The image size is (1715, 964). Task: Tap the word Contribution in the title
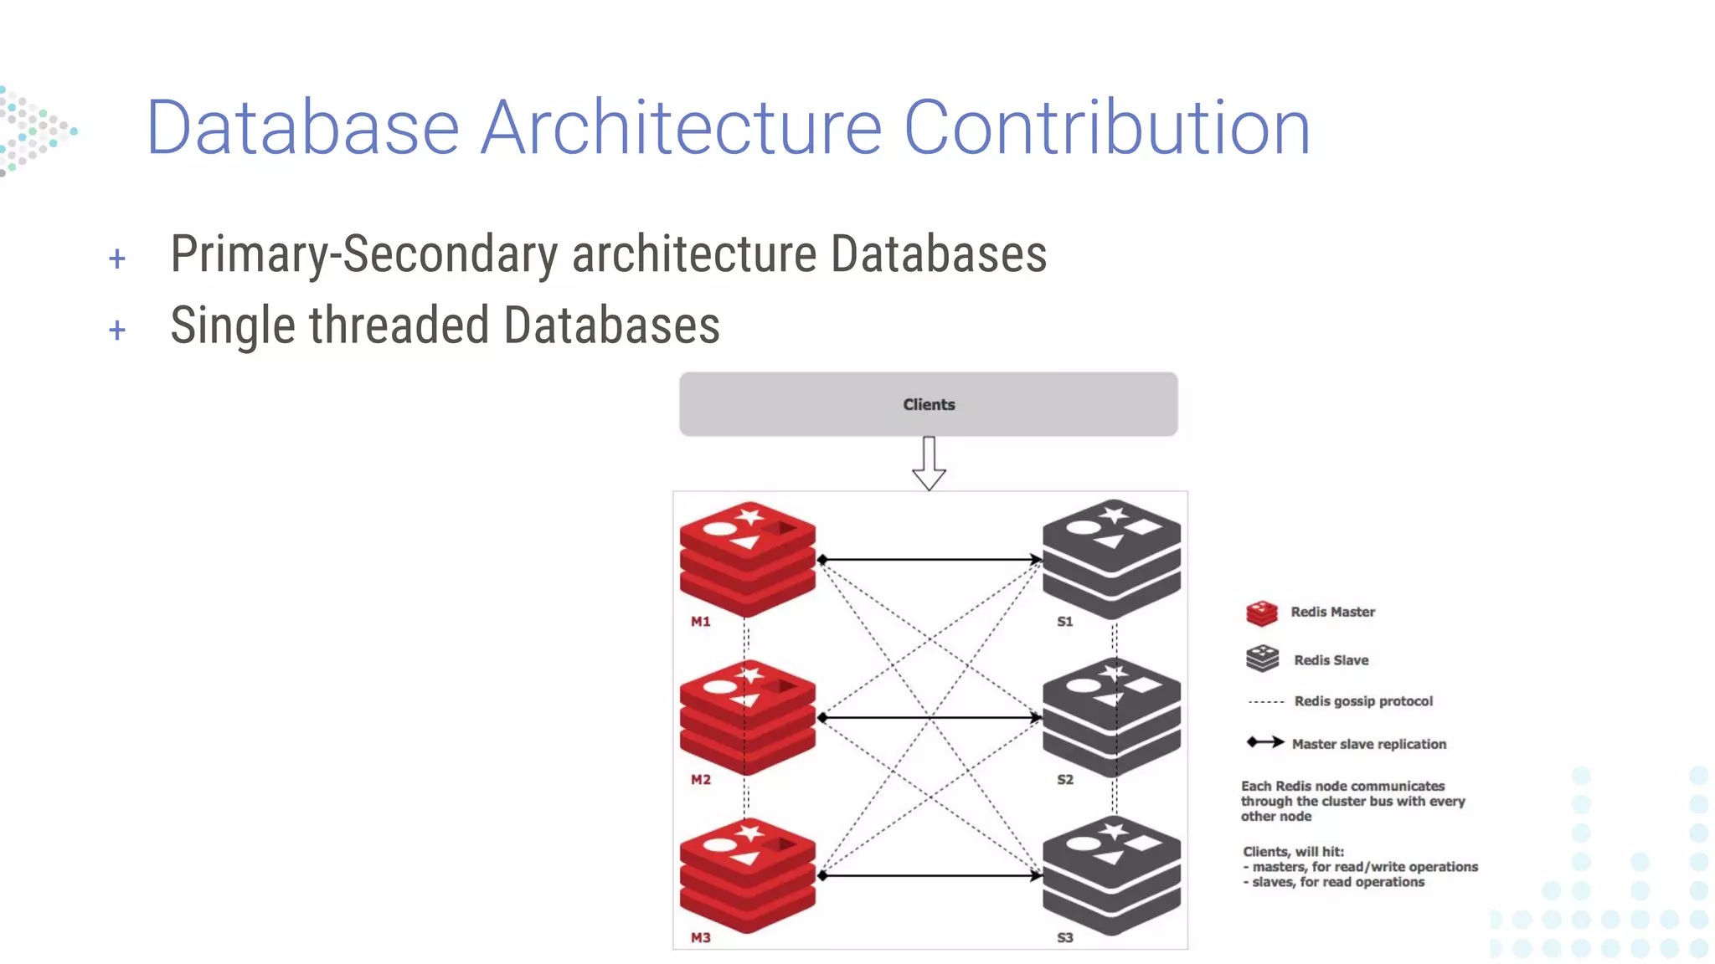[x=1107, y=127]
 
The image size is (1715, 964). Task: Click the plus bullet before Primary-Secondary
[x=117, y=259]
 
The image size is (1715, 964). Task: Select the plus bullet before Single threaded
[x=117, y=330]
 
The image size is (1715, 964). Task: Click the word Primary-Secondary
[x=363, y=254]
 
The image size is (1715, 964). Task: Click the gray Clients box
[x=928, y=404]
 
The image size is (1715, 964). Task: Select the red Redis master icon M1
[x=747, y=558]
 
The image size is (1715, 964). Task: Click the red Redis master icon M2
[x=747, y=716]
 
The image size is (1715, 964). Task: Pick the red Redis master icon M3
[x=747, y=874]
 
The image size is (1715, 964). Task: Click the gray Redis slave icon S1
[x=1111, y=558]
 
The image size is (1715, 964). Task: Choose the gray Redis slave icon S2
[x=1111, y=716]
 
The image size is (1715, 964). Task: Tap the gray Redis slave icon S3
[x=1111, y=874]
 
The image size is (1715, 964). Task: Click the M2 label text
[x=701, y=780]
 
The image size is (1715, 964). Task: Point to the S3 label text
[x=1064, y=938]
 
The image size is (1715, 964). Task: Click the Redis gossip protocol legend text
[x=1363, y=701]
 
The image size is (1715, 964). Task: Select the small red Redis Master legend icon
[x=1261, y=613]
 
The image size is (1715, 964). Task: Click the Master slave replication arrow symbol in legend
[x=1264, y=742]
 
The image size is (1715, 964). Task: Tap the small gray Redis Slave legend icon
[x=1262, y=659]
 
